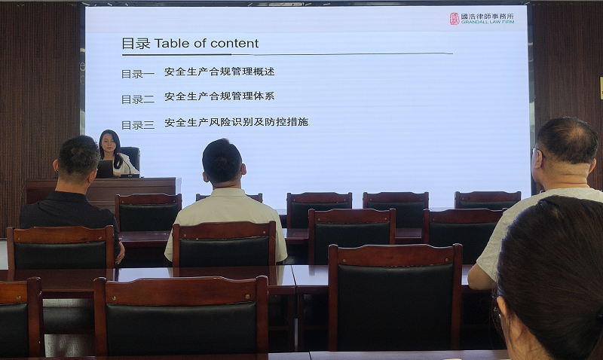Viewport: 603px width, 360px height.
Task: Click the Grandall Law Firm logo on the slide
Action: [482, 18]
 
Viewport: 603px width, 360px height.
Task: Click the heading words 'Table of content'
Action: [207, 44]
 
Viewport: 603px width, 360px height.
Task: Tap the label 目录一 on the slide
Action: [138, 74]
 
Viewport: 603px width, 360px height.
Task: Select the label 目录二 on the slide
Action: [138, 99]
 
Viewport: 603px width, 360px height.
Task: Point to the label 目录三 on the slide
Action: [138, 124]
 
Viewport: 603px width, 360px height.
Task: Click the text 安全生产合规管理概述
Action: [219, 72]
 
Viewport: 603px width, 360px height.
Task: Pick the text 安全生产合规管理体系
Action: [219, 96]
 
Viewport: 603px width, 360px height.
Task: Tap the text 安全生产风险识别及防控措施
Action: [236, 122]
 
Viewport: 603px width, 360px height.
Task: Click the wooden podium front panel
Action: [102, 191]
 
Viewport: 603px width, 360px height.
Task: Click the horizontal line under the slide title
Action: [286, 54]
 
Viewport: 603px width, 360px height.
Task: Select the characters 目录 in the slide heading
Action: [136, 44]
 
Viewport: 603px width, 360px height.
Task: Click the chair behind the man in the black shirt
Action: [60, 249]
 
